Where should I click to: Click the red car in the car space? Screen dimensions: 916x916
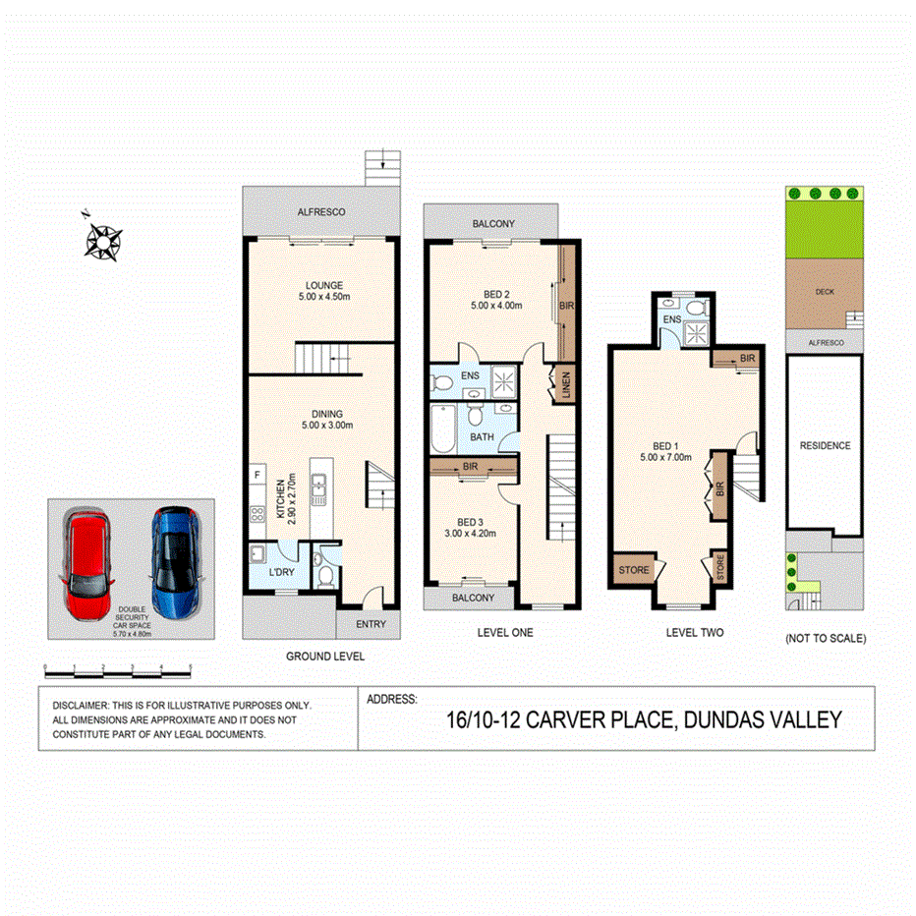point(88,561)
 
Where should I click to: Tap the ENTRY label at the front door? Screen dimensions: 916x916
point(371,624)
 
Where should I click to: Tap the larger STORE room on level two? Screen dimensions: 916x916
point(633,569)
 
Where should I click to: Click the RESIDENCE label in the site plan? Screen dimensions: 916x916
point(824,445)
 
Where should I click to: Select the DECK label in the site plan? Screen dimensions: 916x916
point(824,292)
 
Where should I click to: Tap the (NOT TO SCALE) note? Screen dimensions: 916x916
point(825,639)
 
